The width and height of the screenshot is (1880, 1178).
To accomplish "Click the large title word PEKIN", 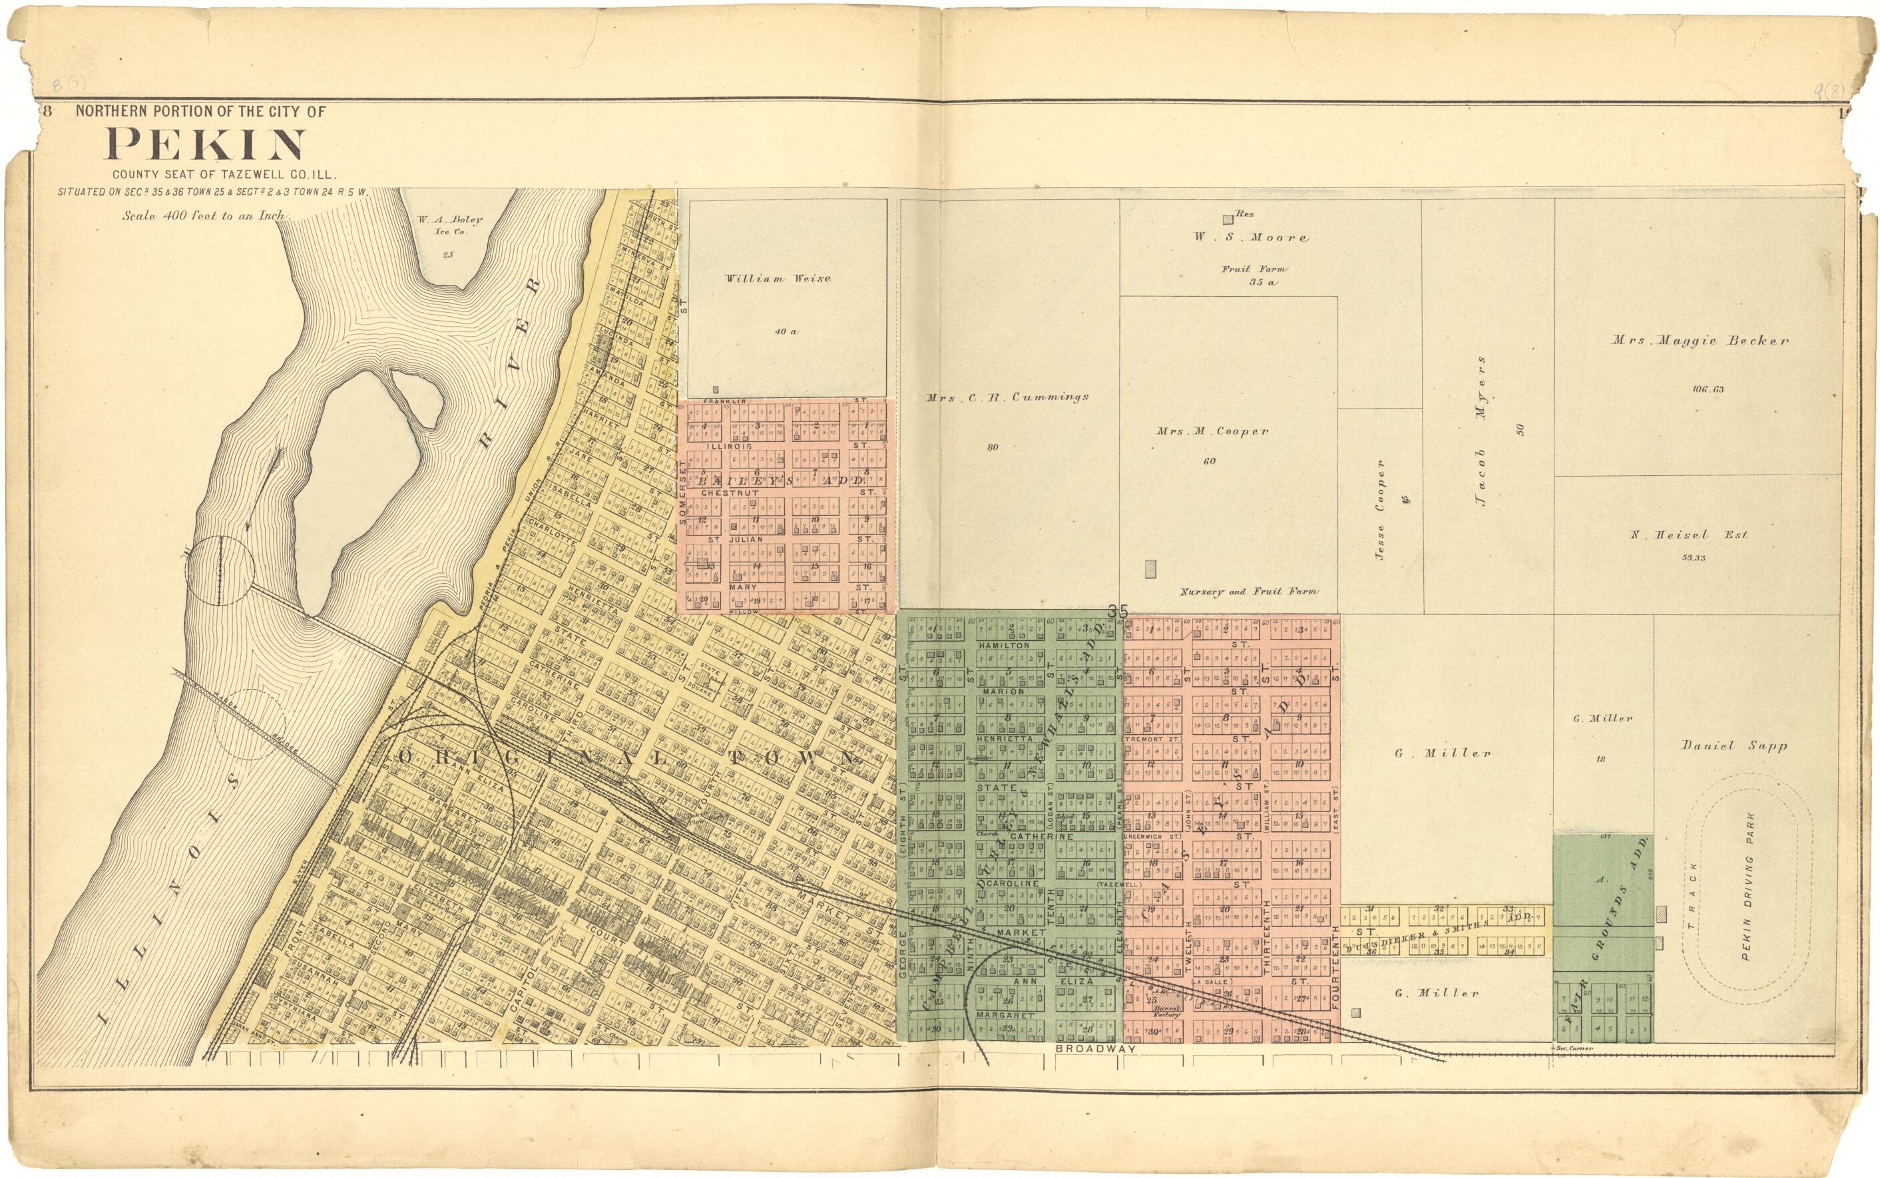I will (x=205, y=145).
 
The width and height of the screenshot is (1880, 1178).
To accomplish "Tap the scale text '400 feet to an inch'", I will (x=204, y=216).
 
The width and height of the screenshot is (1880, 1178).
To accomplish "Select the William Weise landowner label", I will (x=778, y=278).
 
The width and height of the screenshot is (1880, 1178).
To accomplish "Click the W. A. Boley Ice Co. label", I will (x=449, y=224).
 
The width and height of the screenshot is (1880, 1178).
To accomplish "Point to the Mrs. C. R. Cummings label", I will (x=1007, y=397).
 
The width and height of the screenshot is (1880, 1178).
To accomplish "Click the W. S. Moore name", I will (x=1252, y=237).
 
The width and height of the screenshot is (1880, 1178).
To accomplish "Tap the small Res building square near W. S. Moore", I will (x=1227, y=220).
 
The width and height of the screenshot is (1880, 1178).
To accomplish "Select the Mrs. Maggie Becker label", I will (x=1699, y=341).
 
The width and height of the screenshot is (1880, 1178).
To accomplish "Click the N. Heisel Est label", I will (x=1688, y=534).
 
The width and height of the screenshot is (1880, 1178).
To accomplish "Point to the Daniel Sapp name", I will (x=1733, y=745).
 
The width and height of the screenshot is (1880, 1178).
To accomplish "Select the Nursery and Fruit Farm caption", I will (x=1248, y=592).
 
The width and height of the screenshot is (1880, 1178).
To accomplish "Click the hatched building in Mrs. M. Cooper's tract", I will (x=1150, y=569).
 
